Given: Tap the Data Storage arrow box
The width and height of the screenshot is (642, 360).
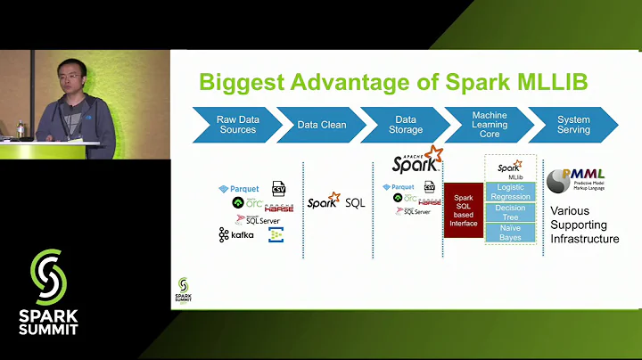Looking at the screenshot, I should (x=404, y=125).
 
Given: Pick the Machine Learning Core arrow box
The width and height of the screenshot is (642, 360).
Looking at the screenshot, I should (x=489, y=125).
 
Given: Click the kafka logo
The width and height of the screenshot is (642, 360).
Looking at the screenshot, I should (x=236, y=235).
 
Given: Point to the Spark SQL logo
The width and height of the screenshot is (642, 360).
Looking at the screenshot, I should (x=336, y=201).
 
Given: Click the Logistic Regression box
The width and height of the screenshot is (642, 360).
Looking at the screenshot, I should (x=511, y=192).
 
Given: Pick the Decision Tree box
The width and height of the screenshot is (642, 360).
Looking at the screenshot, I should (x=511, y=213).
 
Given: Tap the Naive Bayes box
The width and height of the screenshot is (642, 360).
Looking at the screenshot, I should (x=511, y=233).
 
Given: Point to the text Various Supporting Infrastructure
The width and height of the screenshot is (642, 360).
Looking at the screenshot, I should (x=584, y=225).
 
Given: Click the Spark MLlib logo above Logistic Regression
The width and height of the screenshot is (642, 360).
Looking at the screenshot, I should (x=511, y=169).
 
